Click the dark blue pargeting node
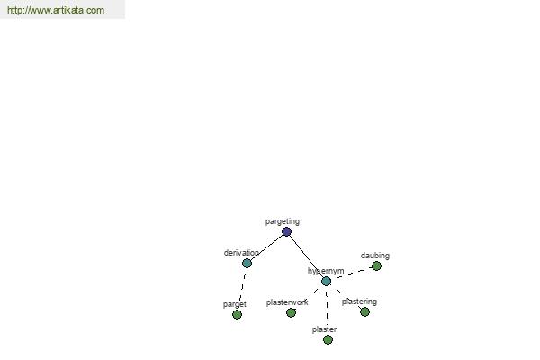(x=286, y=232)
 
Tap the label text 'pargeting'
(x=283, y=221)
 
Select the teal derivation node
(x=247, y=264)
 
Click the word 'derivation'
(x=241, y=253)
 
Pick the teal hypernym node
(x=326, y=282)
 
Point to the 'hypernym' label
(x=326, y=271)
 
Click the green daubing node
(x=376, y=266)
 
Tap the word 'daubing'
(x=375, y=256)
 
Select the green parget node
(x=237, y=314)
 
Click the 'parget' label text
(x=235, y=304)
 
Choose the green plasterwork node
(x=291, y=313)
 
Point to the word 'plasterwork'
(x=287, y=302)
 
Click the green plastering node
(x=364, y=312)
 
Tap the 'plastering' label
(x=359, y=301)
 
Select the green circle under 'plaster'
(x=328, y=340)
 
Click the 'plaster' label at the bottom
(x=324, y=329)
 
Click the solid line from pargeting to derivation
(x=266, y=247)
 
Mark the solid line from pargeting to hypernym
(x=307, y=256)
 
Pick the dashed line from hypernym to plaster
(x=327, y=310)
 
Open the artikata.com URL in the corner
(x=56, y=10)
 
